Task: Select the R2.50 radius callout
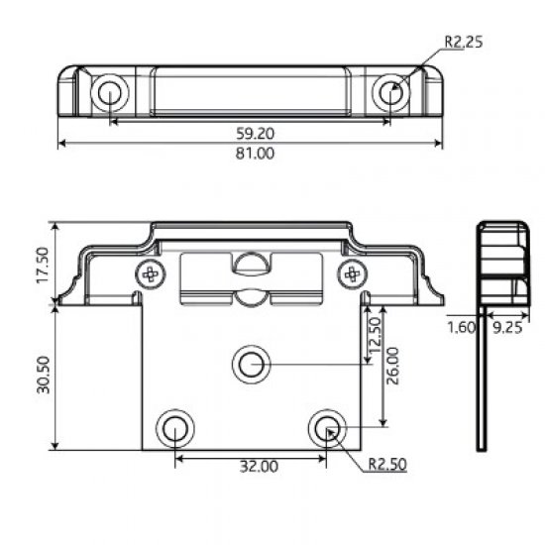point(387,463)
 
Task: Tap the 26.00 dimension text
point(393,368)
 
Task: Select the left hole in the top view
point(108,93)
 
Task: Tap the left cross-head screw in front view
point(151,273)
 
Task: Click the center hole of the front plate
point(252,364)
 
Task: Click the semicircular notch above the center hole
point(252,262)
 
